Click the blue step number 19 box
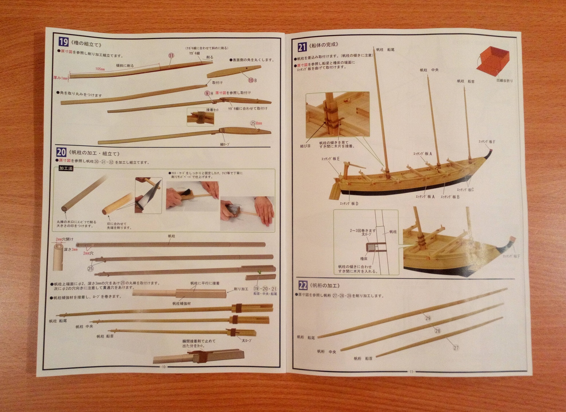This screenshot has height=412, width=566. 63,42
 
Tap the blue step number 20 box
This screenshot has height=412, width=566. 61,152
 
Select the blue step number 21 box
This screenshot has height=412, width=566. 302,47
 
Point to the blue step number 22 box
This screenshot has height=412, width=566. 303,285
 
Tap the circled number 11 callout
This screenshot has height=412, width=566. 171,56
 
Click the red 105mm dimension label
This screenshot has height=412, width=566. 100,69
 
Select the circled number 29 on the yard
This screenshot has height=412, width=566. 428,318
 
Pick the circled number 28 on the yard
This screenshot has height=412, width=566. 437,331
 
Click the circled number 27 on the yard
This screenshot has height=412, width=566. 456,348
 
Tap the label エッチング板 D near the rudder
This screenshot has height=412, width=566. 349,204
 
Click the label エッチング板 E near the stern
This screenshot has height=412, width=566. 330,159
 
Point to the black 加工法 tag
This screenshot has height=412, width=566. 66,168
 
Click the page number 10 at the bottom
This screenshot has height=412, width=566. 164,367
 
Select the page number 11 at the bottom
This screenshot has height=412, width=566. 411,372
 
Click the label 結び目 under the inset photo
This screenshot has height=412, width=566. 305,146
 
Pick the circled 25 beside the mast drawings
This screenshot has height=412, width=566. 90,268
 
